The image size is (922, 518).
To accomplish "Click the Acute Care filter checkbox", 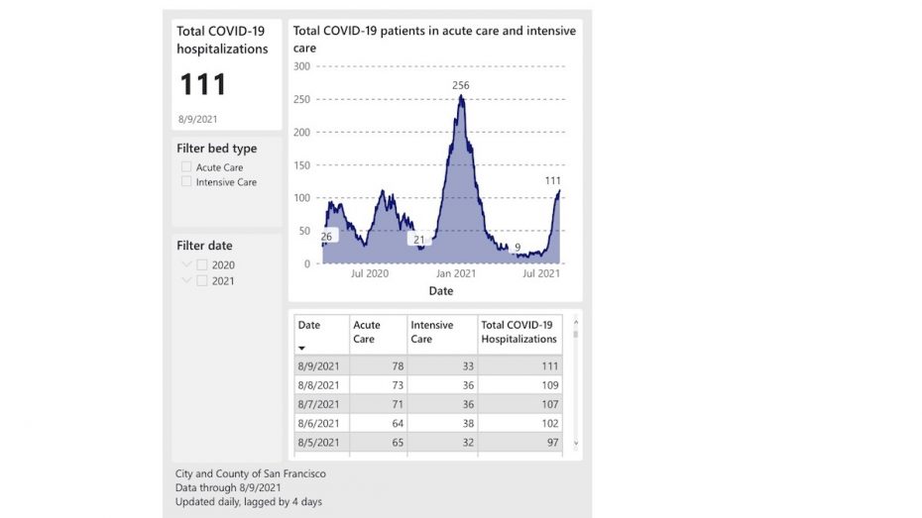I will point(186,167).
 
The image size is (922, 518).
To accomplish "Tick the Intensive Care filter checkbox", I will point(186,182).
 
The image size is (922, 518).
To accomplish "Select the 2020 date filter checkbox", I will point(202,265).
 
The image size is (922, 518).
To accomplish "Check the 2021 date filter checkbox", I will point(202,281).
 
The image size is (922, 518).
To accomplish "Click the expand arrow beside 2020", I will point(186,265).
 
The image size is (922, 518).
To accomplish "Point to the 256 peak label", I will point(461,86).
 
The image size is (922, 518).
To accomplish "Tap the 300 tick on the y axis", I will point(301,66).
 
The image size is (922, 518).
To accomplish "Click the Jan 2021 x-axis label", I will point(457,273).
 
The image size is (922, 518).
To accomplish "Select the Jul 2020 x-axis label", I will point(370,273).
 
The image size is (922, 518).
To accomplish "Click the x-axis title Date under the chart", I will point(441,291).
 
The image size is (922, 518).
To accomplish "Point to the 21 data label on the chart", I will point(419,240).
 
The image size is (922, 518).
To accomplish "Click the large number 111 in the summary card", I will point(203,85).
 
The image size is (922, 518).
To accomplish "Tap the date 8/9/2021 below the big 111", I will point(196,119).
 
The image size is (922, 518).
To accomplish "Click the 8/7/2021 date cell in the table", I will point(319,404).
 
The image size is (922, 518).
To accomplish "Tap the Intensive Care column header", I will point(432,332).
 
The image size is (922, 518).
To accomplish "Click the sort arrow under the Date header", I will point(302,349).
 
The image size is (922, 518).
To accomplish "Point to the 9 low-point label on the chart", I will point(518,248).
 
